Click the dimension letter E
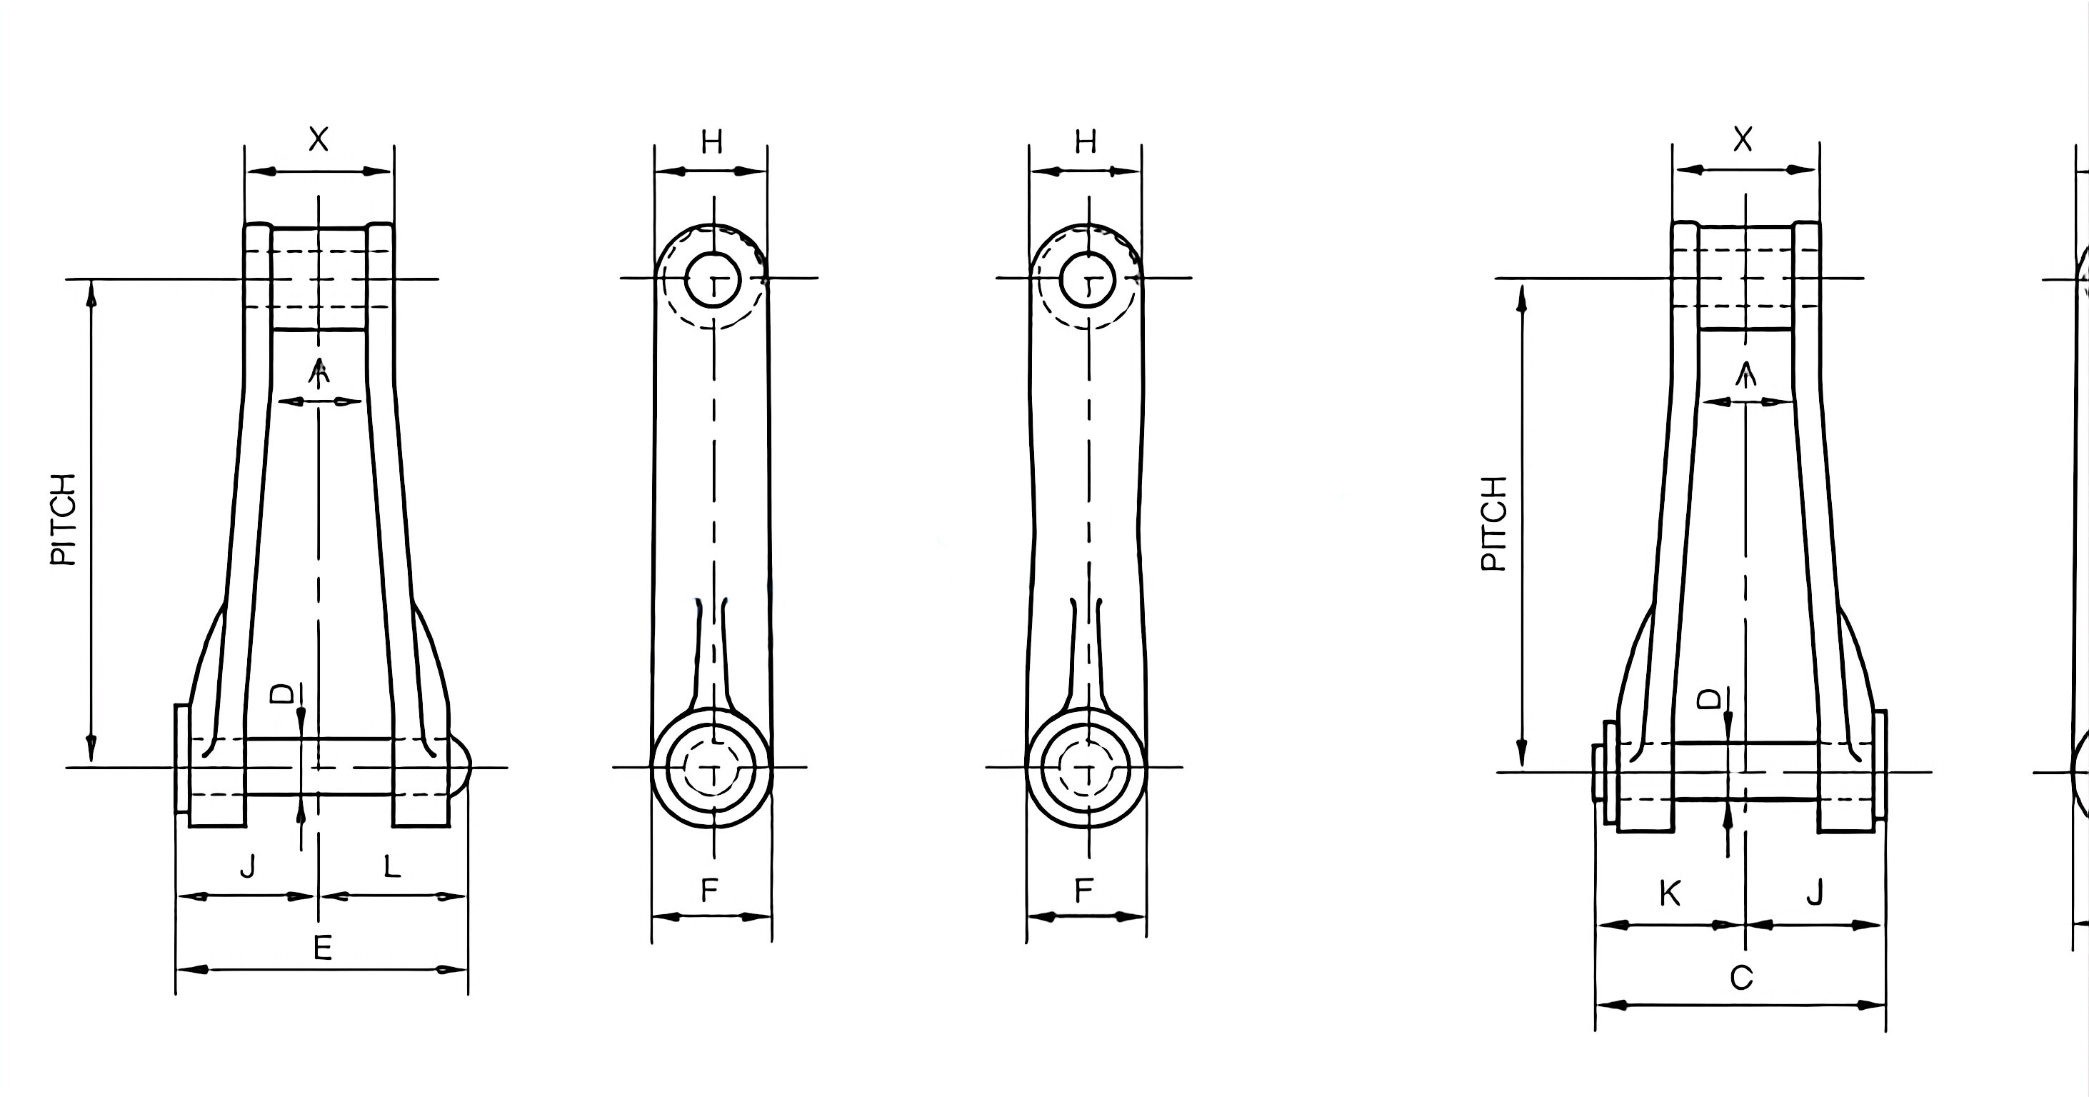click(323, 947)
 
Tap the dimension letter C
click(1741, 978)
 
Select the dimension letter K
click(1670, 893)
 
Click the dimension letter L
click(391, 867)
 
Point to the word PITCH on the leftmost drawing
click(64, 519)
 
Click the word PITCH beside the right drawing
click(1494, 523)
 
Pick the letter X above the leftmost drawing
click(319, 139)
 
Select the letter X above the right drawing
click(1743, 139)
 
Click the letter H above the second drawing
click(711, 143)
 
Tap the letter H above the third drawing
click(1085, 142)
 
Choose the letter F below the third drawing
click(1083, 891)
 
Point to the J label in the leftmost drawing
click(247, 867)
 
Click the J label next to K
click(1815, 893)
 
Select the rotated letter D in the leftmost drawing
click(282, 694)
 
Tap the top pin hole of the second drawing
click(713, 280)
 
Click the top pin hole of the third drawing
click(1088, 280)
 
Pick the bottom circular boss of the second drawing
click(712, 767)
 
